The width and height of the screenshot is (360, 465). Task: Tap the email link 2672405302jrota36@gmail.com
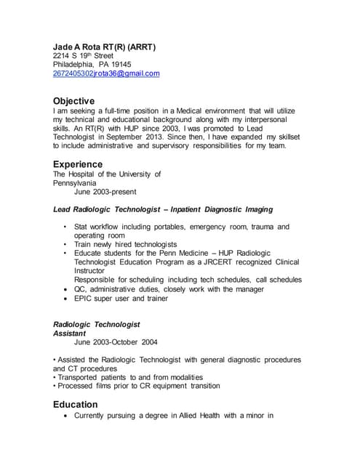point(106,74)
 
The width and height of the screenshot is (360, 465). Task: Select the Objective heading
point(74,100)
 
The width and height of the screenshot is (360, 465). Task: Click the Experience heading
point(78,164)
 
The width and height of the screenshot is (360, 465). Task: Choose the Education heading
point(76,404)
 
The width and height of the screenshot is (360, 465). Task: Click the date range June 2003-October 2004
point(116,342)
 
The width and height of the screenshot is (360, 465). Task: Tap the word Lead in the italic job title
point(62,209)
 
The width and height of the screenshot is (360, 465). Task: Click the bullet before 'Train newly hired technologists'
point(66,245)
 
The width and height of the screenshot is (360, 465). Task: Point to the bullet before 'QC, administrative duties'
point(67,288)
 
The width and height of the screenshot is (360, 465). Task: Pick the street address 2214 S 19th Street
point(84,56)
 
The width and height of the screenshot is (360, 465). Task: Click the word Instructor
point(92,270)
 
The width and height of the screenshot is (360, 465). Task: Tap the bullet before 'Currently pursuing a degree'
point(67,416)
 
